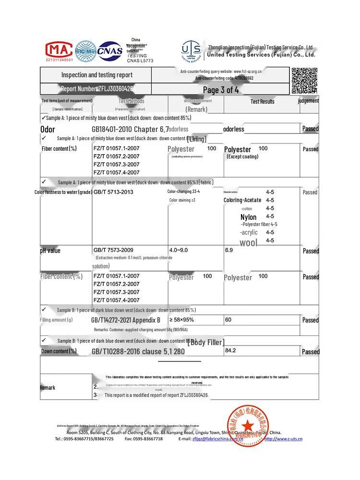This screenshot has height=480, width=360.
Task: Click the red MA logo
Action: click(x=59, y=50)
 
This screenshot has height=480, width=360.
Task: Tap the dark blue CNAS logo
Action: click(x=110, y=50)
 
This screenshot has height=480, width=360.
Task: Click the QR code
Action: click(x=304, y=81)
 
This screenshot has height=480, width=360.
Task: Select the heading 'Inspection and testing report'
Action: click(x=97, y=75)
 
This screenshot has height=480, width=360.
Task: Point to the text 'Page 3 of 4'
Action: click(x=221, y=90)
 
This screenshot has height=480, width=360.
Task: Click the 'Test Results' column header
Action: click(x=263, y=102)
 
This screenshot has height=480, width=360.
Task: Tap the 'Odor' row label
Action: click(x=48, y=129)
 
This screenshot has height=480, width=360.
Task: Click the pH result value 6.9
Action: click(x=229, y=251)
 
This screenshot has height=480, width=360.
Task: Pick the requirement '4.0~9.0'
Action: click(x=179, y=251)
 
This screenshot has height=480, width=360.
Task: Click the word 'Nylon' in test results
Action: click(x=249, y=217)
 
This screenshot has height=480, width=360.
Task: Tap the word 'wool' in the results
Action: click(x=249, y=243)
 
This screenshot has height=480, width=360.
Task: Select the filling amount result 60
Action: click(x=228, y=320)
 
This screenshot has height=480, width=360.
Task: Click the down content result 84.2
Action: click(x=230, y=350)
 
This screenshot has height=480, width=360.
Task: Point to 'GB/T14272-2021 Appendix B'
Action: click(x=126, y=320)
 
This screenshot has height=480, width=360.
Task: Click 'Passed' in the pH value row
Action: click(x=311, y=251)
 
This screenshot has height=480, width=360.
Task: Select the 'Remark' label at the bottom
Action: click(x=48, y=388)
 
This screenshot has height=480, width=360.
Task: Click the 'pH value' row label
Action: click(x=50, y=251)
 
